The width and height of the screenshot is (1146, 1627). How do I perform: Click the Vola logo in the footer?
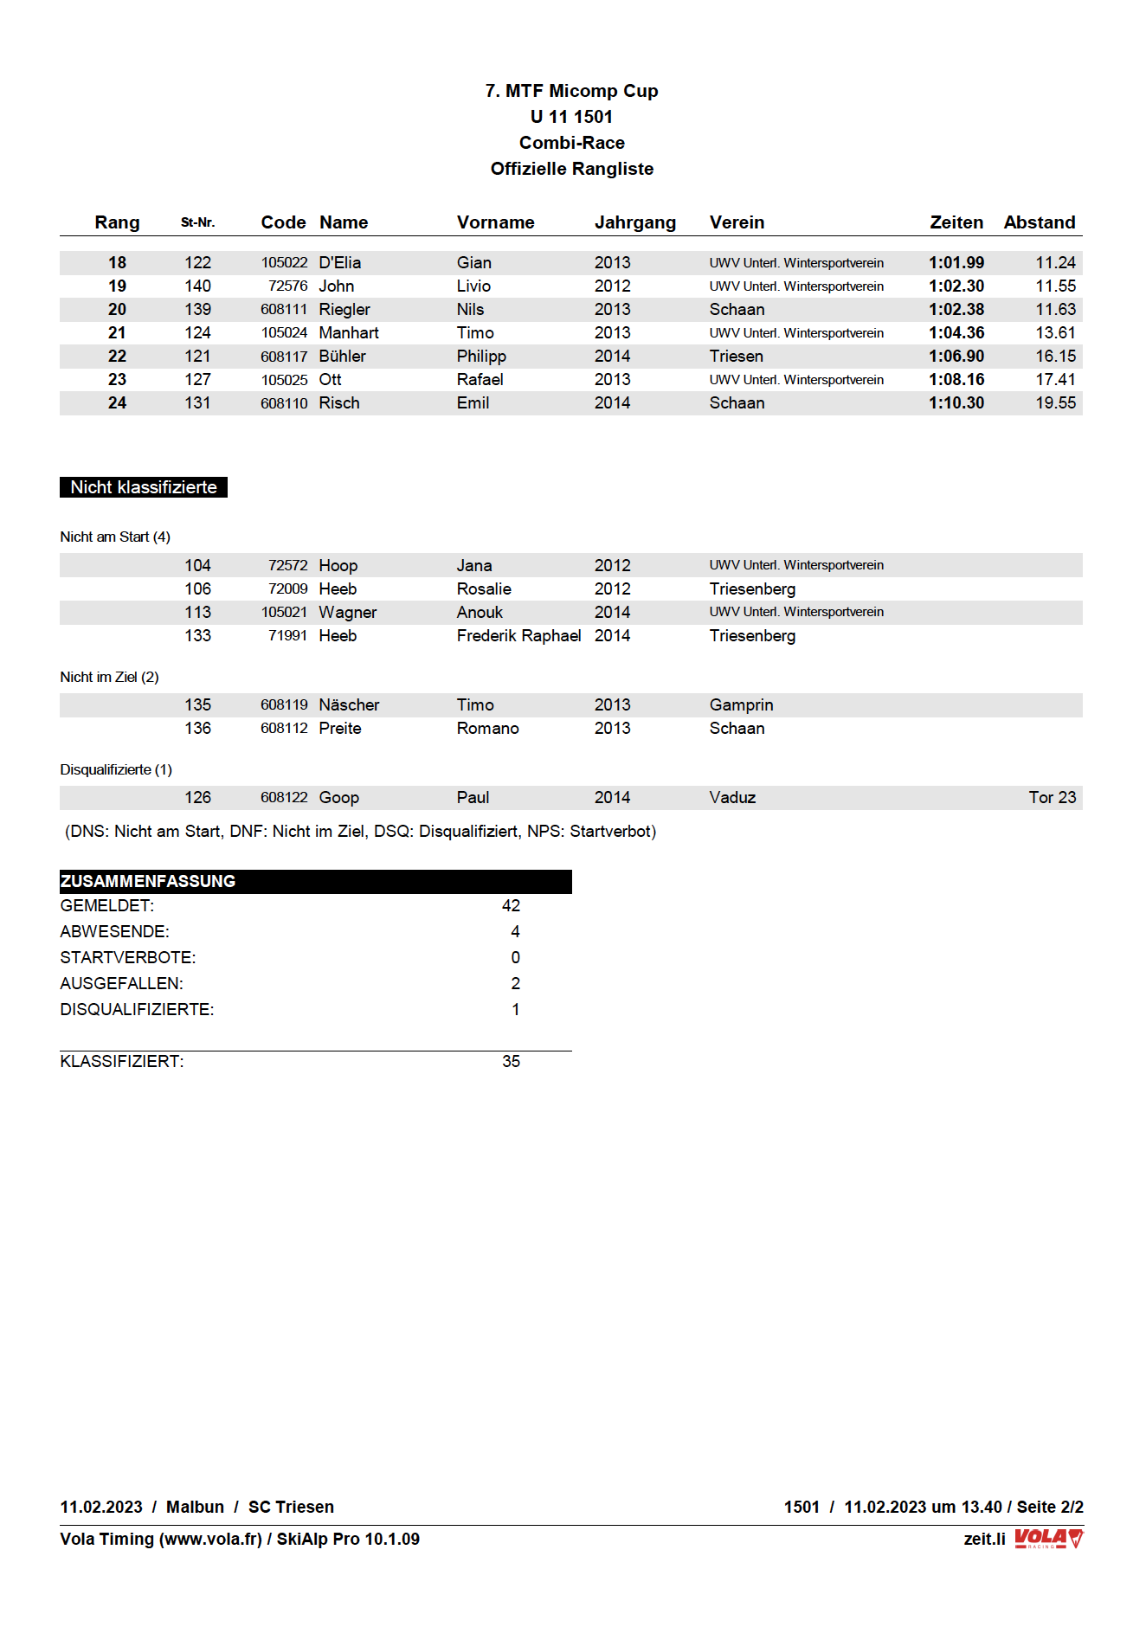tap(1048, 1539)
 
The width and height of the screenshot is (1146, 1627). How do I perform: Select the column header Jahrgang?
tap(634, 222)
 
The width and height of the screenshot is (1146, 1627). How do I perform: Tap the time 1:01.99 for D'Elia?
tap(956, 262)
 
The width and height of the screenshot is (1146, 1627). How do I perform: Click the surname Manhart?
tap(348, 332)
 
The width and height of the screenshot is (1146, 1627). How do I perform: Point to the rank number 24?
tap(117, 402)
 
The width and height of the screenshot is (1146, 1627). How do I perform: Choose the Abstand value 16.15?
tap(1055, 356)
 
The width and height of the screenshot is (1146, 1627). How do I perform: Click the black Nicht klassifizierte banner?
tap(144, 487)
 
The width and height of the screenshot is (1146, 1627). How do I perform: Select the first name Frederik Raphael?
tap(518, 635)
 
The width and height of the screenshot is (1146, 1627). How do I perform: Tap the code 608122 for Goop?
tap(284, 797)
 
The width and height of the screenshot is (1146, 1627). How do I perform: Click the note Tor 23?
tap(1052, 797)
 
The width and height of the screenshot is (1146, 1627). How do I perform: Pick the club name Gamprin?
tap(741, 704)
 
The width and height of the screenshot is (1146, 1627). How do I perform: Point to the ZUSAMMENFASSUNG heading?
tap(148, 881)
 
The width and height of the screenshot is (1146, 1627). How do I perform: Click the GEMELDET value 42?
tap(511, 905)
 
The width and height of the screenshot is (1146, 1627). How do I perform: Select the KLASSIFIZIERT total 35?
tap(511, 1061)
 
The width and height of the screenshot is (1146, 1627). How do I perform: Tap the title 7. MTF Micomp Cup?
tap(571, 91)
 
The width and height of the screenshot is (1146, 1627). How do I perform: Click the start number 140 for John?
tap(197, 286)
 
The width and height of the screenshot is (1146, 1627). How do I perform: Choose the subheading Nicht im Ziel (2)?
tap(109, 677)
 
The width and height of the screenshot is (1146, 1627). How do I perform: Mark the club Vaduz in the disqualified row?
tap(732, 797)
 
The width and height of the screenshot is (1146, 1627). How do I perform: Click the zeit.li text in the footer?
tap(984, 1539)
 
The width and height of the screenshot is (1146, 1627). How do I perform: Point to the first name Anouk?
tap(480, 612)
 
